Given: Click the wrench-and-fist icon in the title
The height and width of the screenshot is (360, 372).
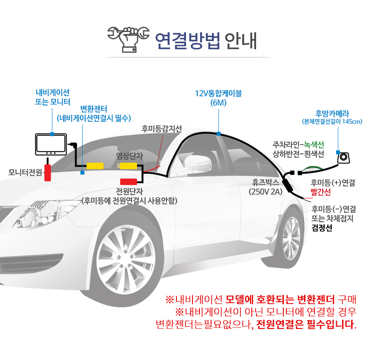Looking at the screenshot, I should [128, 39].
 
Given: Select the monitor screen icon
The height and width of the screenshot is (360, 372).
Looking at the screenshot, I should [51, 144].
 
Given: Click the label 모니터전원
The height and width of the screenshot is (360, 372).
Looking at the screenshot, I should [25, 172].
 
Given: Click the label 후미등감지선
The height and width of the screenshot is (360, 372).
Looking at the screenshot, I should [162, 129].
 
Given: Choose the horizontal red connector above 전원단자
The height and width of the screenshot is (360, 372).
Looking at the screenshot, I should [128, 181].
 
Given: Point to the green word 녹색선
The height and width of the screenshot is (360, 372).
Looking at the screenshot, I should [314, 144].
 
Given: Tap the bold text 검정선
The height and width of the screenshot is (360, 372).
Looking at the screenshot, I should [322, 228].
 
